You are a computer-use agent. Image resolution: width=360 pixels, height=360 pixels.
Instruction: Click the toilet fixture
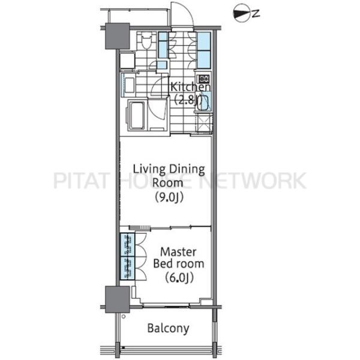pyautogui.click(x=146, y=41)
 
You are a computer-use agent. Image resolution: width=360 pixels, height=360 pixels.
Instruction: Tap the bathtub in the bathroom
pyautogui.click(x=137, y=115)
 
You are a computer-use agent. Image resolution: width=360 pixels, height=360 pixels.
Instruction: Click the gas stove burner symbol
pyautogui.click(x=203, y=79)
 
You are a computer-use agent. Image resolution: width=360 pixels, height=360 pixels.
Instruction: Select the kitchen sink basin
pyautogui.click(x=204, y=101)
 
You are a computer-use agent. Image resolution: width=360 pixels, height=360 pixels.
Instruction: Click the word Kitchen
pyautogui.click(x=190, y=87)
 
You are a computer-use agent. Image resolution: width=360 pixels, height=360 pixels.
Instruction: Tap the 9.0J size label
pyautogui.click(x=169, y=198)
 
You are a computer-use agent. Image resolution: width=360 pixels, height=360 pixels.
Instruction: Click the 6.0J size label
pyautogui.click(x=179, y=278)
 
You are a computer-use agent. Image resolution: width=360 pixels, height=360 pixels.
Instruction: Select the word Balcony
pyautogui.click(x=168, y=328)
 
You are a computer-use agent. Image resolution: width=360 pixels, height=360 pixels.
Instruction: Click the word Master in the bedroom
pyautogui.click(x=178, y=252)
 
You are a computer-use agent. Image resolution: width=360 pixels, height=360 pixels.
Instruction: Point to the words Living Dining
pyautogui.click(x=169, y=169)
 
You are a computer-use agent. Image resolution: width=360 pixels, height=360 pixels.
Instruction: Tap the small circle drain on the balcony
pyautogui.click(x=124, y=317)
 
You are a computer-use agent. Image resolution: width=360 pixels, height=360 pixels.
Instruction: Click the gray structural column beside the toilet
pyautogui.click(x=118, y=36)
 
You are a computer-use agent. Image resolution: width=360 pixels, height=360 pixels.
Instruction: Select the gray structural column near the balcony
pyautogui.click(x=118, y=299)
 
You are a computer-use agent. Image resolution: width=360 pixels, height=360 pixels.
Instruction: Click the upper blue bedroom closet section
pyautogui.click(x=128, y=245)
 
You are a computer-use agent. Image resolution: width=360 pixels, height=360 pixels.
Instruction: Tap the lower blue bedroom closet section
pyautogui.click(x=128, y=268)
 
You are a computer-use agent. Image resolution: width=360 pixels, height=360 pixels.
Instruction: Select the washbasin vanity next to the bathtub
pyautogui.click(x=128, y=85)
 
